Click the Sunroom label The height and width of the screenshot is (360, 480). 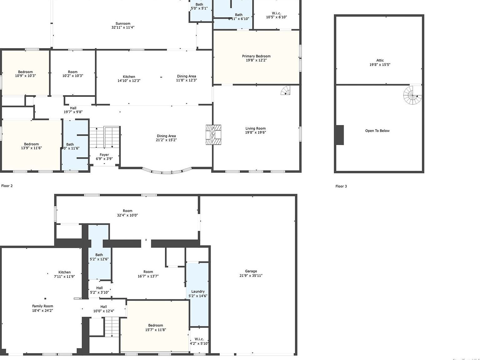pos(123,23)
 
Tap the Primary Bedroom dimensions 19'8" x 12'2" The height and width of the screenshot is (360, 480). pos(256,60)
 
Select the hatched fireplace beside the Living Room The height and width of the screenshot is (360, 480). pos(213,135)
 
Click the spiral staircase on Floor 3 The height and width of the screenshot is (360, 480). pos(412,95)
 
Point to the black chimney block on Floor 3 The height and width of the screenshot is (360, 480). pos(339,135)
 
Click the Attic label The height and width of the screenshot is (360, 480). pos(380,61)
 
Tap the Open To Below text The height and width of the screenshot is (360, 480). pos(377,131)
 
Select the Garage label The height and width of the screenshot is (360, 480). pos(251,271)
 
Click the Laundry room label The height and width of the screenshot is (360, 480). pos(198,291)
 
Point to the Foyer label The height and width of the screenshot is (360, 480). pos(104,155)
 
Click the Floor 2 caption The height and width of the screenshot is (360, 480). pos(7,186)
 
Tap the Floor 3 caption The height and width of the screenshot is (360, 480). pos(341,186)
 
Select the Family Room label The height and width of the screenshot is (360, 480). pos(42,306)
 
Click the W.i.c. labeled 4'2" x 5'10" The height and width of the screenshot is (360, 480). pos(199,339)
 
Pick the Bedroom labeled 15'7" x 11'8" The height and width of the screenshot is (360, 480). pos(156,325)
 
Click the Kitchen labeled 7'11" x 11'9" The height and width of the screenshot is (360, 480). pos(64,272)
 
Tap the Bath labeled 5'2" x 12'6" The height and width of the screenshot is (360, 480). pos(99,255)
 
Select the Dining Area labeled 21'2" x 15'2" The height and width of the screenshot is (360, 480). pos(166,136)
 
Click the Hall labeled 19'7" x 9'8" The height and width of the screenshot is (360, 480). pos(73,108)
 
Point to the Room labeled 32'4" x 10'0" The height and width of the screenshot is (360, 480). pos(127,211)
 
